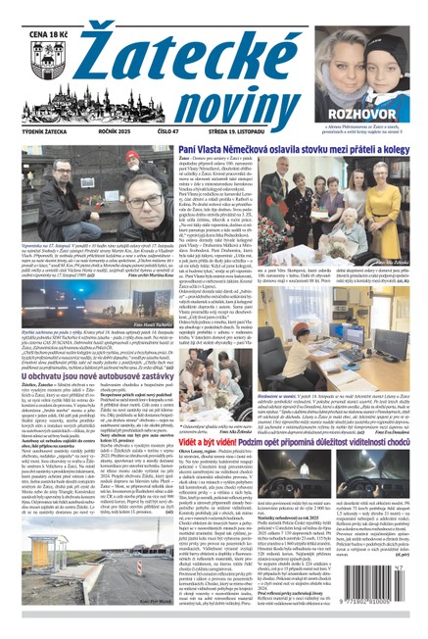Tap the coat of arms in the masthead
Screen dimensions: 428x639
point(35,46)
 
